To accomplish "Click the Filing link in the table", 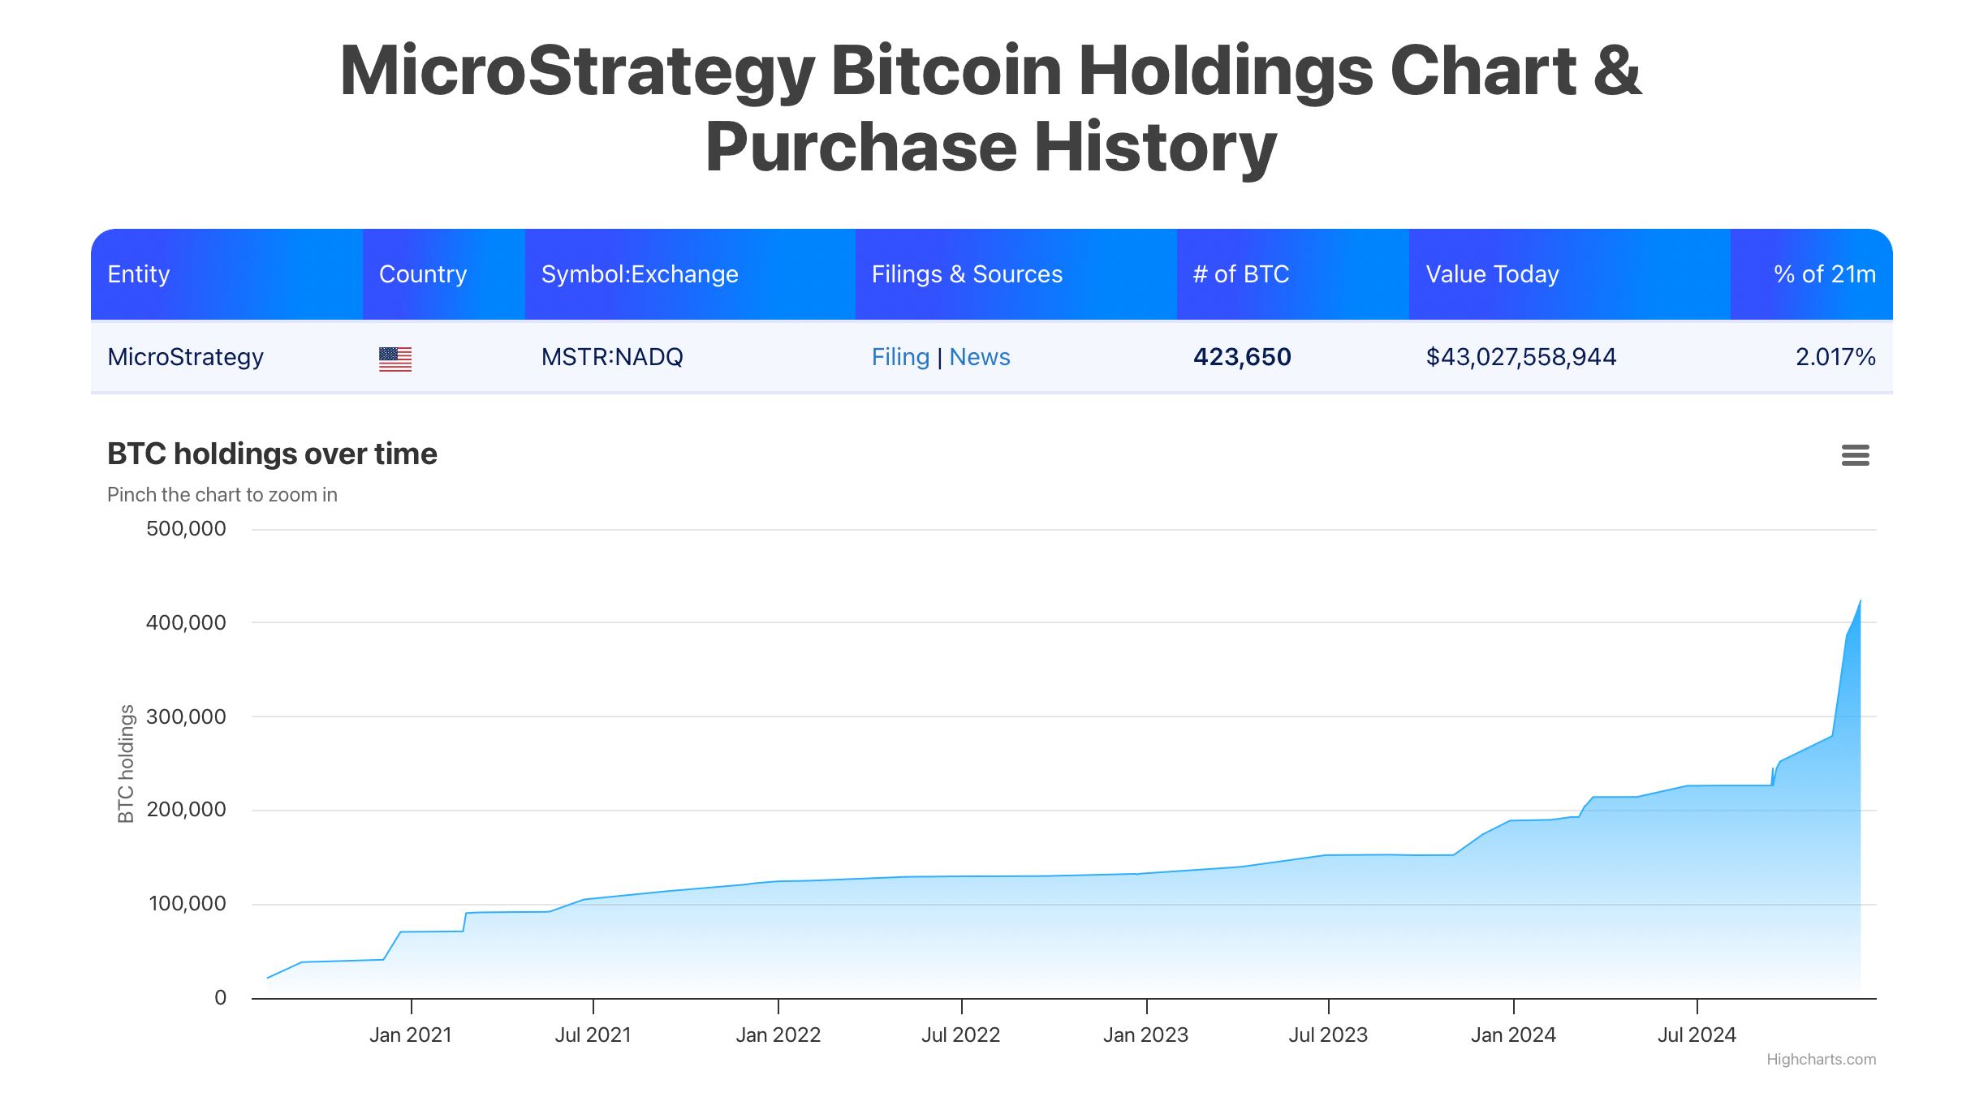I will click(899, 357).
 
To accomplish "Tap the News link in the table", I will click(979, 357).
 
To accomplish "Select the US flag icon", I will click(395, 358).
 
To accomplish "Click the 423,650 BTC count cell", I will click(1241, 357).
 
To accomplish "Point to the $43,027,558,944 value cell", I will click(1520, 357).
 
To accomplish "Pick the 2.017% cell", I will click(1835, 357).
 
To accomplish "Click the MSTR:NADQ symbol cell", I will click(612, 357).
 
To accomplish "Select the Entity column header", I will click(139, 274).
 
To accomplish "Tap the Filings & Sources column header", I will click(966, 274).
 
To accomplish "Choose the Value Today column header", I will click(1492, 274).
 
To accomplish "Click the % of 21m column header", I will click(1824, 274).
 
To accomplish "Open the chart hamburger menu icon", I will click(1855, 455).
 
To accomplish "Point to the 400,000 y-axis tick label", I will click(186, 623).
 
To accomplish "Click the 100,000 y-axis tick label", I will click(187, 904).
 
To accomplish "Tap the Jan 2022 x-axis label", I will click(778, 1035).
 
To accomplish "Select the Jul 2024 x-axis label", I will click(1697, 1035).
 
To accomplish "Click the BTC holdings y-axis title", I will click(126, 764).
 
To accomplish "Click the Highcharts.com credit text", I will click(1821, 1060).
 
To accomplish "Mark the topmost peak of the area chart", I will click(1860, 601).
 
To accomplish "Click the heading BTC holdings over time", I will click(272, 454).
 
